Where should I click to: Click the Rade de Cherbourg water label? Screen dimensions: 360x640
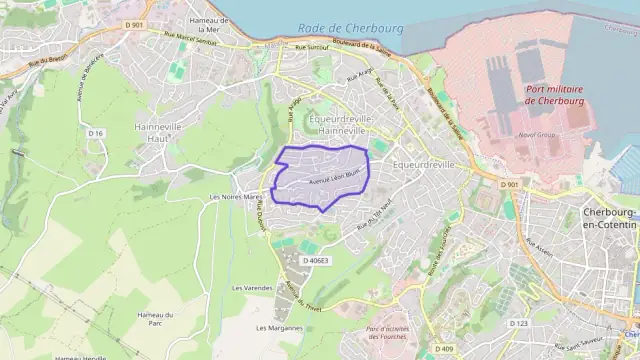click(x=349, y=27)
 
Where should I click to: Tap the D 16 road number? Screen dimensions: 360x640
click(x=95, y=133)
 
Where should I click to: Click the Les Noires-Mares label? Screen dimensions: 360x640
click(x=234, y=197)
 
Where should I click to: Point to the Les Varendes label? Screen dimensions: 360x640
click(x=251, y=287)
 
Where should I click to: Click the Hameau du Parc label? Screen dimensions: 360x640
click(x=156, y=319)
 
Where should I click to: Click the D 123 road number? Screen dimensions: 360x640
click(x=519, y=323)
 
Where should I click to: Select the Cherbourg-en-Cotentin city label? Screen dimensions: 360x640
click(x=609, y=221)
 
